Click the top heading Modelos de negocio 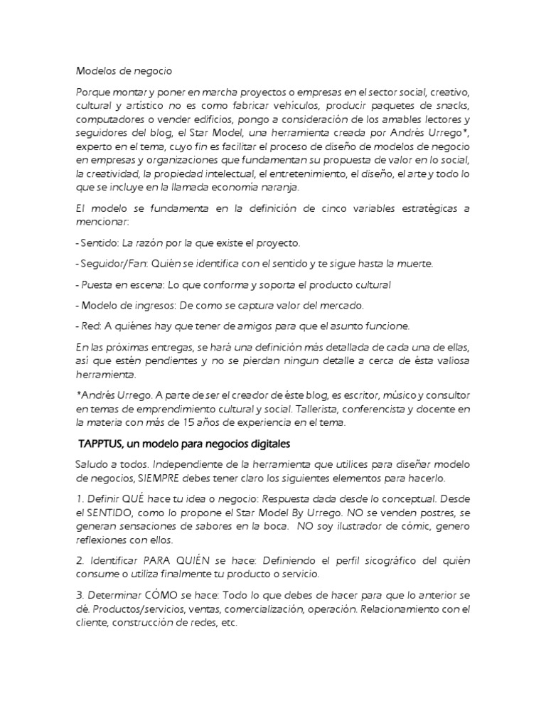(x=123, y=71)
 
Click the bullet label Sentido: (x=96, y=243)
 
